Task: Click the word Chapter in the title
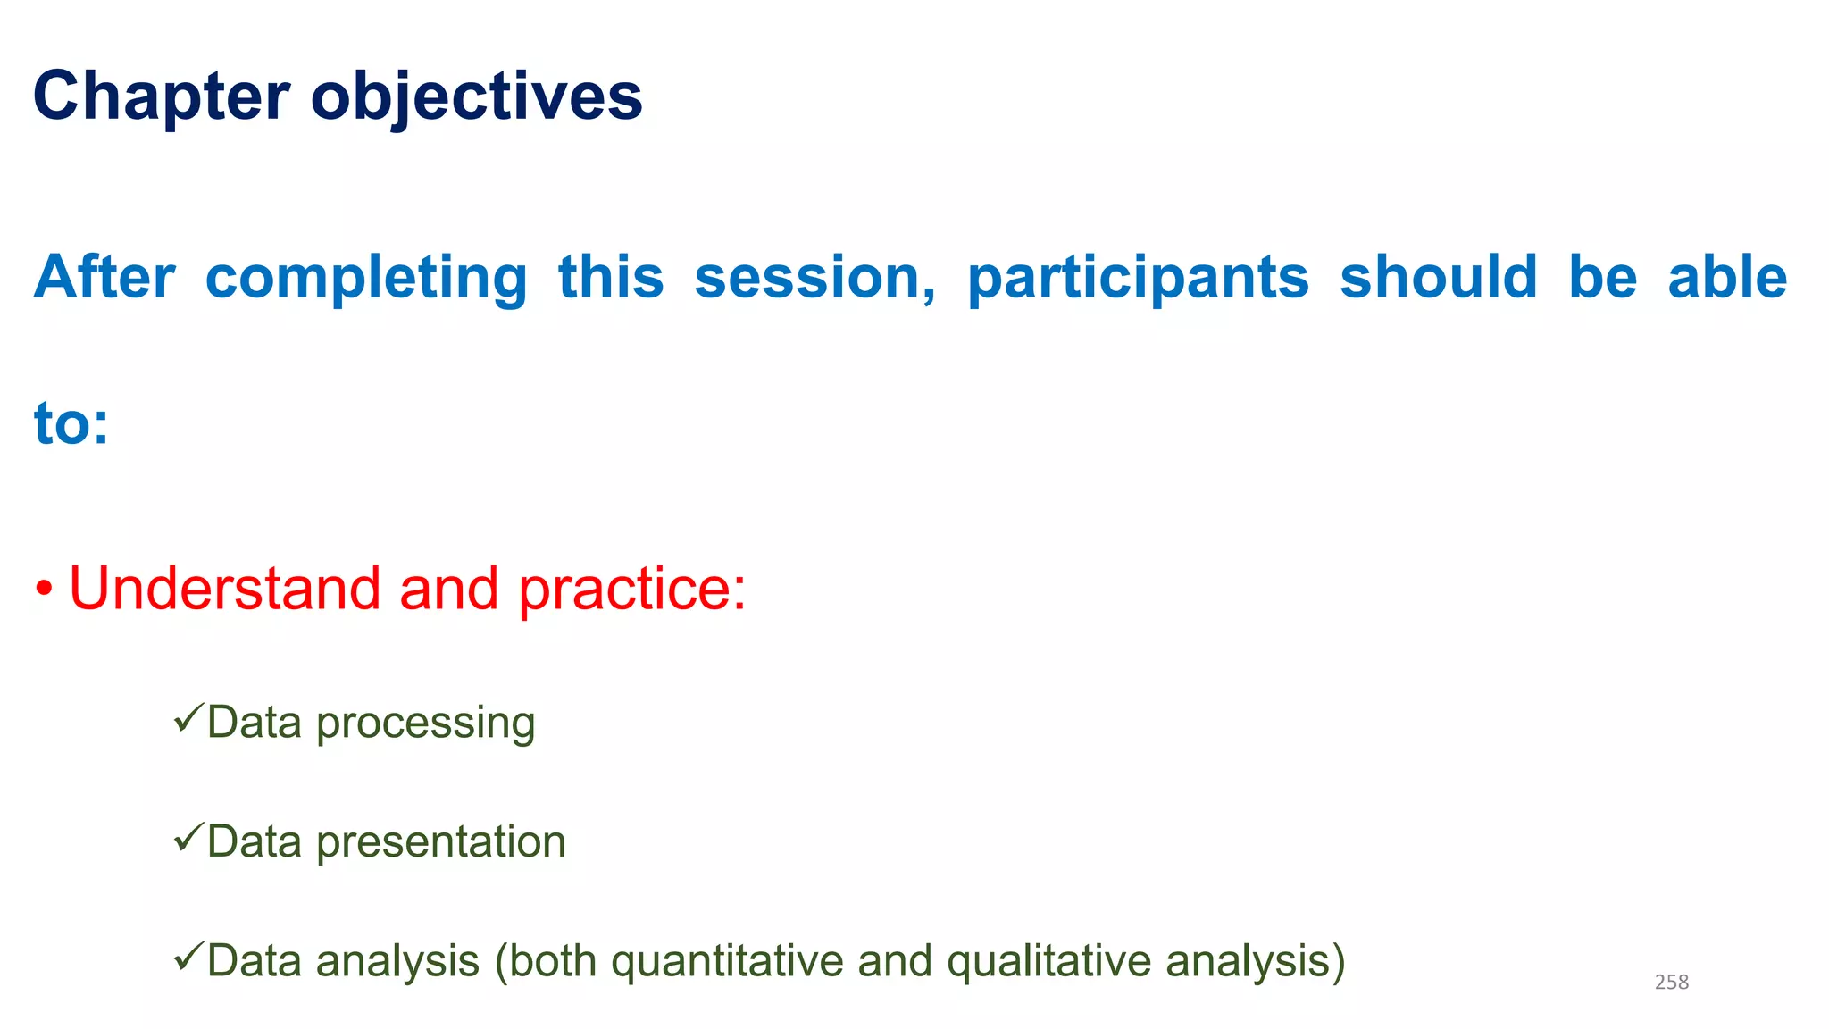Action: pyautogui.click(x=162, y=96)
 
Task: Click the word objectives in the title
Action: pyautogui.click(x=476, y=96)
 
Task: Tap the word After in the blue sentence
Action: pyautogui.click(x=104, y=277)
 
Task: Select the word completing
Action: pyautogui.click(x=366, y=279)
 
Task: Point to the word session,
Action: pyautogui.click(x=815, y=279)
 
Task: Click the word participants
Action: pyautogui.click(x=1138, y=279)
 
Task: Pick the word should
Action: pyautogui.click(x=1439, y=277)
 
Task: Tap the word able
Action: pyautogui.click(x=1727, y=277)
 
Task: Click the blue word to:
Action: pyautogui.click(x=71, y=423)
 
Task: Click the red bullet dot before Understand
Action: pyautogui.click(x=44, y=590)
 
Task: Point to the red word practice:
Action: pyautogui.click(x=632, y=590)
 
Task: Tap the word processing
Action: pyautogui.click(x=425, y=724)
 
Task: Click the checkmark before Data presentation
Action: pyautogui.click(x=188, y=837)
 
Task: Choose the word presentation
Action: pyautogui.click(x=441, y=842)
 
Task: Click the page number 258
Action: pyautogui.click(x=1671, y=982)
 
